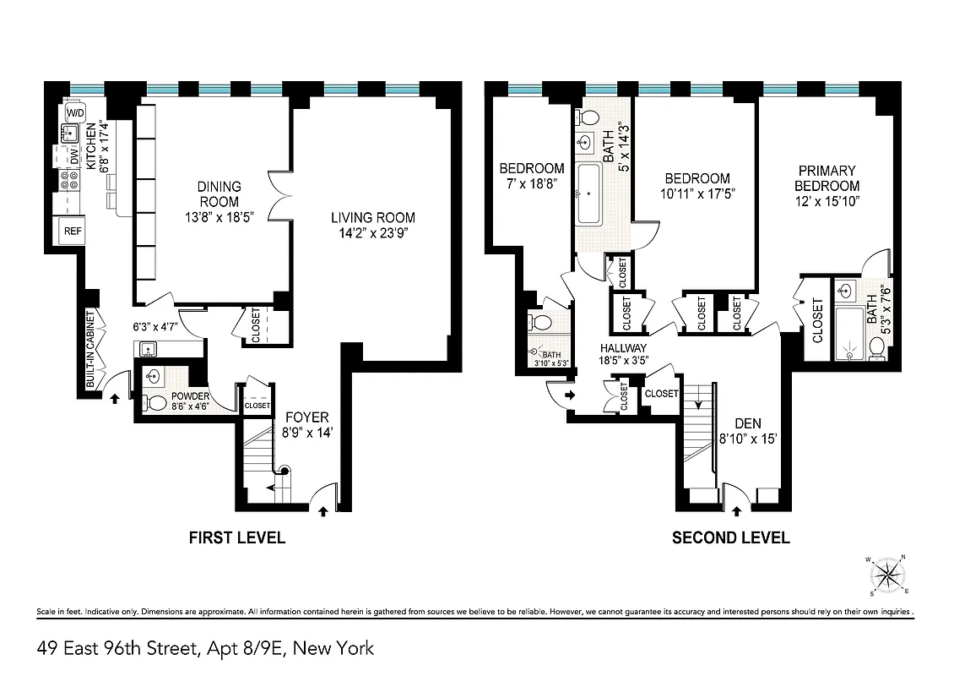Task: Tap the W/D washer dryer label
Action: pyautogui.click(x=75, y=112)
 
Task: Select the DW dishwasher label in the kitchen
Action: pyautogui.click(x=73, y=156)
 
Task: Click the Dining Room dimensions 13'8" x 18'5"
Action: pyautogui.click(x=219, y=217)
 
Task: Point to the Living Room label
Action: pyautogui.click(x=372, y=217)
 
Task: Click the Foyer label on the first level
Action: pyautogui.click(x=306, y=417)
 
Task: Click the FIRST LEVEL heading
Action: pyautogui.click(x=236, y=537)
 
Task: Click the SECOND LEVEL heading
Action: pyautogui.click(x=730, y=537)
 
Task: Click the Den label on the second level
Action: pyautogui.click(x=747, y=423)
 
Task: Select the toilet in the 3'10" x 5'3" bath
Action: pyautogui.click(x=539, y=322)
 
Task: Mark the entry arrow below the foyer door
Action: pyautogui.click(x=323, y=510)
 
